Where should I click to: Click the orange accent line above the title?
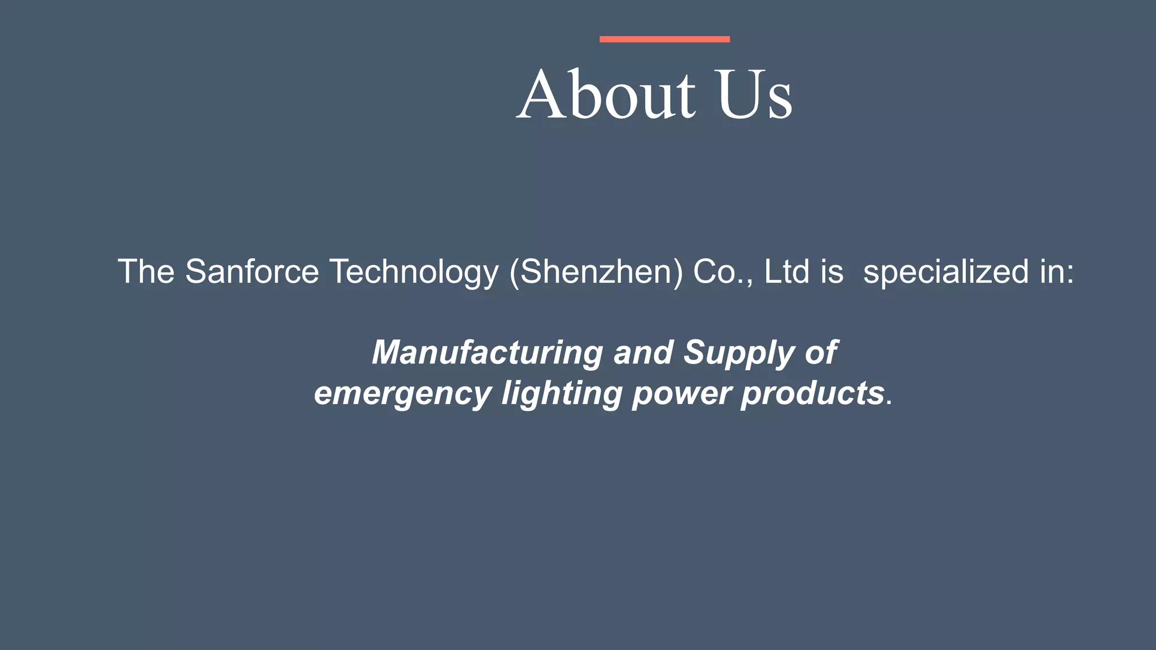[664, 39]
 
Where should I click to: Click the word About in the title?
[606, 94]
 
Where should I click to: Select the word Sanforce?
[252, 272]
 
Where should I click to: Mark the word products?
[812, 393]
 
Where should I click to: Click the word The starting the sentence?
[146, 272]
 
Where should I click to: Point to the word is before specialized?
[832, 272]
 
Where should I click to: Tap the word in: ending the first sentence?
[1057, 272]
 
